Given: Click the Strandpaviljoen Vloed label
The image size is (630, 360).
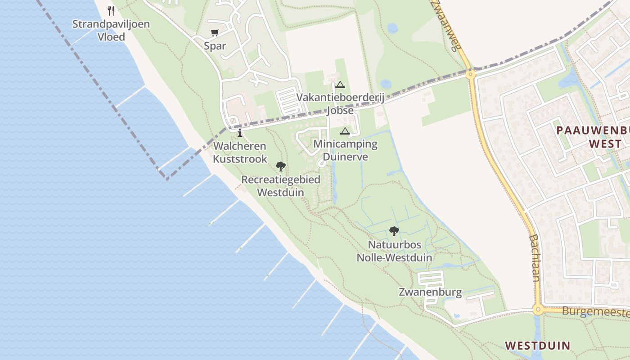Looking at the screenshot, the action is tap(111, 30).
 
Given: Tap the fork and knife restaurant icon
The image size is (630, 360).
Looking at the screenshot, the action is tap(111, 10).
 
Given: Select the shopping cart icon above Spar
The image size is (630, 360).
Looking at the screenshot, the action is tap(215, 33).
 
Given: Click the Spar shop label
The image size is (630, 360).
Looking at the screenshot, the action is tap(215, 46).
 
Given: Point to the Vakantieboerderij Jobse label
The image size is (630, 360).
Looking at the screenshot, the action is tap(340, 104).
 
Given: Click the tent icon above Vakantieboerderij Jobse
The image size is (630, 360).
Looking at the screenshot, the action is tap(340, 85).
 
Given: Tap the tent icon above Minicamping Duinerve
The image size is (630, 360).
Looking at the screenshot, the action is tap(345, 131).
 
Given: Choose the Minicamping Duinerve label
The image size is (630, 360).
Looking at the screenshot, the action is tap(345, 150).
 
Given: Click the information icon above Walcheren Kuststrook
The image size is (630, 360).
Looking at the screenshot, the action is tap(240, 133).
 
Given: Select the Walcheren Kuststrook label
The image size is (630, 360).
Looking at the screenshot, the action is tap(240, 153).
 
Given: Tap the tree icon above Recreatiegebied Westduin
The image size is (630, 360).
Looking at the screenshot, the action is tap(281, 166).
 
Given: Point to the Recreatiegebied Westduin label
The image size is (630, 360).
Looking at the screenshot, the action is tap(281, 186).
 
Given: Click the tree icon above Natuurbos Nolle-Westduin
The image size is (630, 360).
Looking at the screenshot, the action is tap(394, 231).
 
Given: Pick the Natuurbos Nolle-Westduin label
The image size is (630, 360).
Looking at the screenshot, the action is tap(394, 251).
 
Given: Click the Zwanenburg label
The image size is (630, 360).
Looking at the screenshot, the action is tap(430, 292).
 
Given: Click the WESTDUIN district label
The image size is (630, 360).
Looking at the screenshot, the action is tap(537, 346).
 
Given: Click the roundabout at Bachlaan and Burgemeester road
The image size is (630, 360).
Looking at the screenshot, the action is tap(537, 310).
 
